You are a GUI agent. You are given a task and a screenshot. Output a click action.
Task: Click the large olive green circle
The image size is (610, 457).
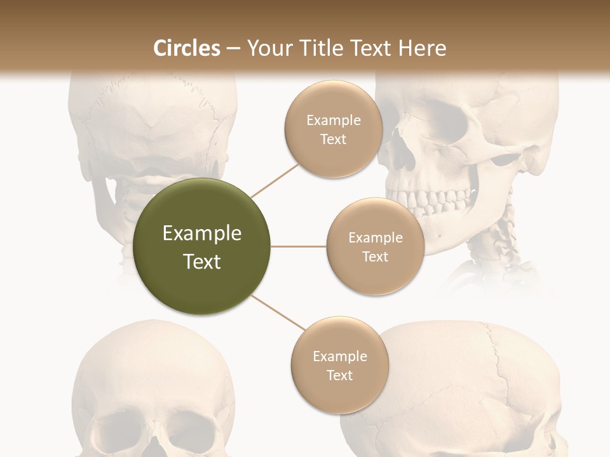click(202, 247)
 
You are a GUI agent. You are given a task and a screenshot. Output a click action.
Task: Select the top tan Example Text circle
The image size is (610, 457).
click(333, 129)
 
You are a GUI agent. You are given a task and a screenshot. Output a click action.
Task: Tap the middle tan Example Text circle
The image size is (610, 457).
click(375, 246)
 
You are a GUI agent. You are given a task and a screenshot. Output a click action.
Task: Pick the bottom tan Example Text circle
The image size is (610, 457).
click(339, 365)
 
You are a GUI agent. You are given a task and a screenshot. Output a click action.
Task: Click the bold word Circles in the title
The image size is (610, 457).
click(186, 48)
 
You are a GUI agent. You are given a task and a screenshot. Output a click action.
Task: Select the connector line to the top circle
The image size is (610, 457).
click(275, 180)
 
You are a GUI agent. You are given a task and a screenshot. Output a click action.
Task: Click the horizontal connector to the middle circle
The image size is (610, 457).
click(298, 246)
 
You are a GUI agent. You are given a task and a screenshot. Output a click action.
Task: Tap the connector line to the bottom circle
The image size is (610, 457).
click(278, 314)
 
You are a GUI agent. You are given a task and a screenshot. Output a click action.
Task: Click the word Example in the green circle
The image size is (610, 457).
click(202, 234)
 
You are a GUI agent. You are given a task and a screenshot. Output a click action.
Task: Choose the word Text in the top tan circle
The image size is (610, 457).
click(333, 139)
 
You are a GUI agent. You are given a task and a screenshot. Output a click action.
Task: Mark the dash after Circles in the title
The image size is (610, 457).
click(233, 49)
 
